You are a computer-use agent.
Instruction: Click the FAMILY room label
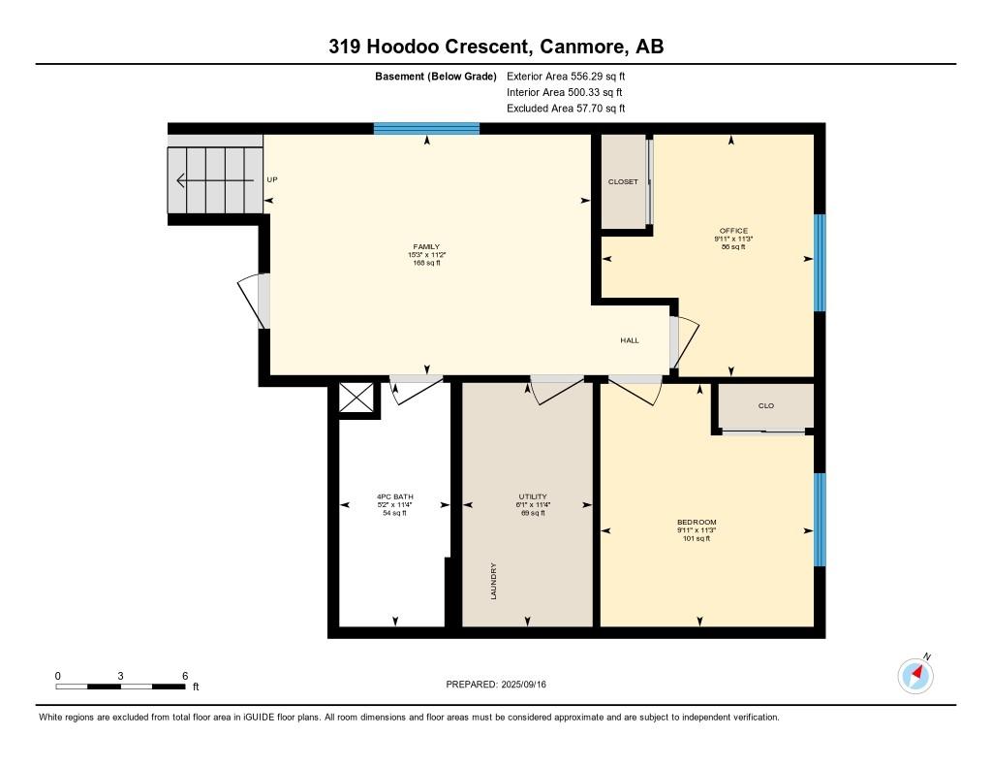426,247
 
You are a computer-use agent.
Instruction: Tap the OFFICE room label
733,231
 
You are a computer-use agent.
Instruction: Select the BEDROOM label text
697,522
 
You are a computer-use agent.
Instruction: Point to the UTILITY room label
533,496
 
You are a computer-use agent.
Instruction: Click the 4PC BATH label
395,496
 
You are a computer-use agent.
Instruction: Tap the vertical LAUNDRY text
493,581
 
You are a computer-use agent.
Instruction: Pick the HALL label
630,340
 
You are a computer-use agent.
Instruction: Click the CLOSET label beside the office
623,181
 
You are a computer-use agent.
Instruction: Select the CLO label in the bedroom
766,405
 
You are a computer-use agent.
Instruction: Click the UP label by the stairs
272,179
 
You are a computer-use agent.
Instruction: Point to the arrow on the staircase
215,181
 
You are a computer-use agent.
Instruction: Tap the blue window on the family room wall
426,129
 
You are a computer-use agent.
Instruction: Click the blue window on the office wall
820,263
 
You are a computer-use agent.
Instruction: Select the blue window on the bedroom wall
820,520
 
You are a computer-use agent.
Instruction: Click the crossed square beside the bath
356,398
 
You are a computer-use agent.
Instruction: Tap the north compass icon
915,675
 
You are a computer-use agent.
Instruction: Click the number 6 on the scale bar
185,676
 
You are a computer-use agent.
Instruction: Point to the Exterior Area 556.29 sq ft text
566,76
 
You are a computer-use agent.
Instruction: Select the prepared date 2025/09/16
524,684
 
